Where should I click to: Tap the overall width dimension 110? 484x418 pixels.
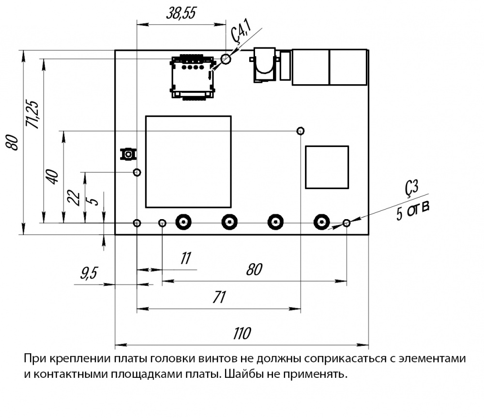(242, 333)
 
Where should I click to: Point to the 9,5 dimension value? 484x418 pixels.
(89, 274)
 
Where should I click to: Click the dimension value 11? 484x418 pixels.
(186, 258)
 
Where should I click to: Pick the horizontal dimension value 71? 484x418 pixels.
(219, 297)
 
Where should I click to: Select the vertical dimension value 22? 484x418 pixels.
(74, 197)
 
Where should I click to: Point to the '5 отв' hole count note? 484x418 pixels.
(413, 210)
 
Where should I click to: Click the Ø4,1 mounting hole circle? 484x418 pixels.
(226, 59)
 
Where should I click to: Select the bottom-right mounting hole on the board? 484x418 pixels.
(347, 223)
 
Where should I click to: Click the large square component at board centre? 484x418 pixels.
(188, 162)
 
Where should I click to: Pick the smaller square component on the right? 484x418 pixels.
(327, 167)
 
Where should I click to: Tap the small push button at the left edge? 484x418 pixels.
(128, 154)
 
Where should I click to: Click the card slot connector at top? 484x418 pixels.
(193, 77)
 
